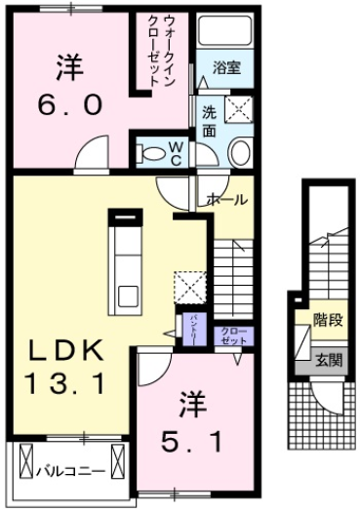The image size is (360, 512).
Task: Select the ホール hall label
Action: (x=227, y=199)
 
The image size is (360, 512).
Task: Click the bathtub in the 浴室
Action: (x=224, y=40)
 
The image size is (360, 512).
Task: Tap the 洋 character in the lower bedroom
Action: (x=187, y=403)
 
